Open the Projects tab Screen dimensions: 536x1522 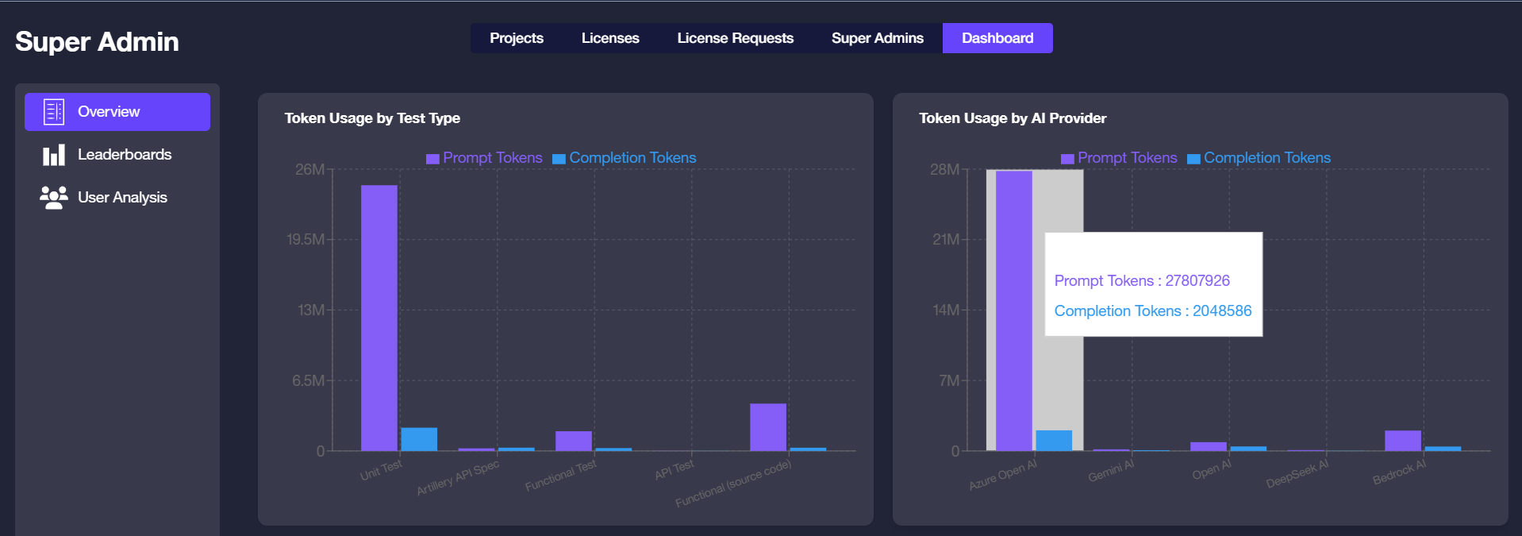click(x=516, y=38)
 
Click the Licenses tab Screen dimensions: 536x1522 click(x=609, y=38)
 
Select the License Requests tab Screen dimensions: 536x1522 click(x=735, y=38)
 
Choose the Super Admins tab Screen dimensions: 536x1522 click(x=877, y=38)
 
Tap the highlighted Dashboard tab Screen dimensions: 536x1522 click(x=997, y=38)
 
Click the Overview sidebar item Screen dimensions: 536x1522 click(x=117, y=112)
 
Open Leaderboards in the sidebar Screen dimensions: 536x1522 click(x=124, y=155)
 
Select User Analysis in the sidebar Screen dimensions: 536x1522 click(x=121, y=198)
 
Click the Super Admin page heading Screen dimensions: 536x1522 click(x=97, y=41)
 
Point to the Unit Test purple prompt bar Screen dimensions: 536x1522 click(x=379, y=318)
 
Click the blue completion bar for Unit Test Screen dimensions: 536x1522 click(x=419, y=439)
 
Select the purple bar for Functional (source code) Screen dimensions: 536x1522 click(x=767, y=427)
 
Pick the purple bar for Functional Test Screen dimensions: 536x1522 click(x=573, y=441)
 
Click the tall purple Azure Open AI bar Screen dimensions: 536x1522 click(x=1013, y=310)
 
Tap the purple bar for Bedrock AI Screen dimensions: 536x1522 click(x=1402, y=441)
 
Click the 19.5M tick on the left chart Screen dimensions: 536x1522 click(x=306, y=240)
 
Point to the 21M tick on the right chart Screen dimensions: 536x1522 click(x=945, y=240)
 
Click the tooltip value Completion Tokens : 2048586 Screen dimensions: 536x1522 click(x=1152, y=311)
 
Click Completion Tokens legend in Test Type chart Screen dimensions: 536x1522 click(x=632, y=158)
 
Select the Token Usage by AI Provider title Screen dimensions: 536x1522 click(x=1012, y=118)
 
